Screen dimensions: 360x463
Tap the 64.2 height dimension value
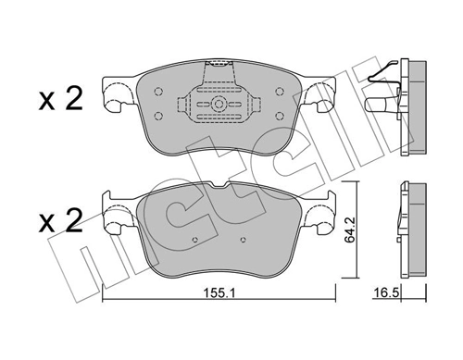click(349, 230)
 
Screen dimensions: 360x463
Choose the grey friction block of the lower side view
click(418, 229)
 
